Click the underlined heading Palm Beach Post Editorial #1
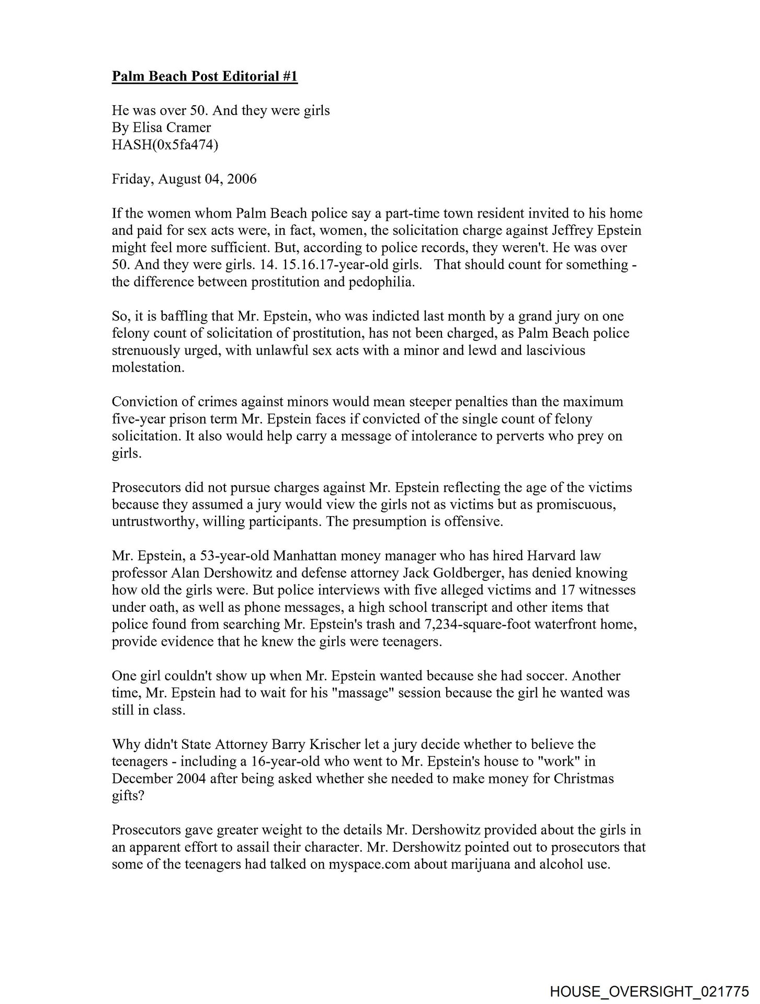205,76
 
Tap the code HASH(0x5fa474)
165,145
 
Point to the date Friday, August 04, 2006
184,179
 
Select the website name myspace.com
369,864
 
